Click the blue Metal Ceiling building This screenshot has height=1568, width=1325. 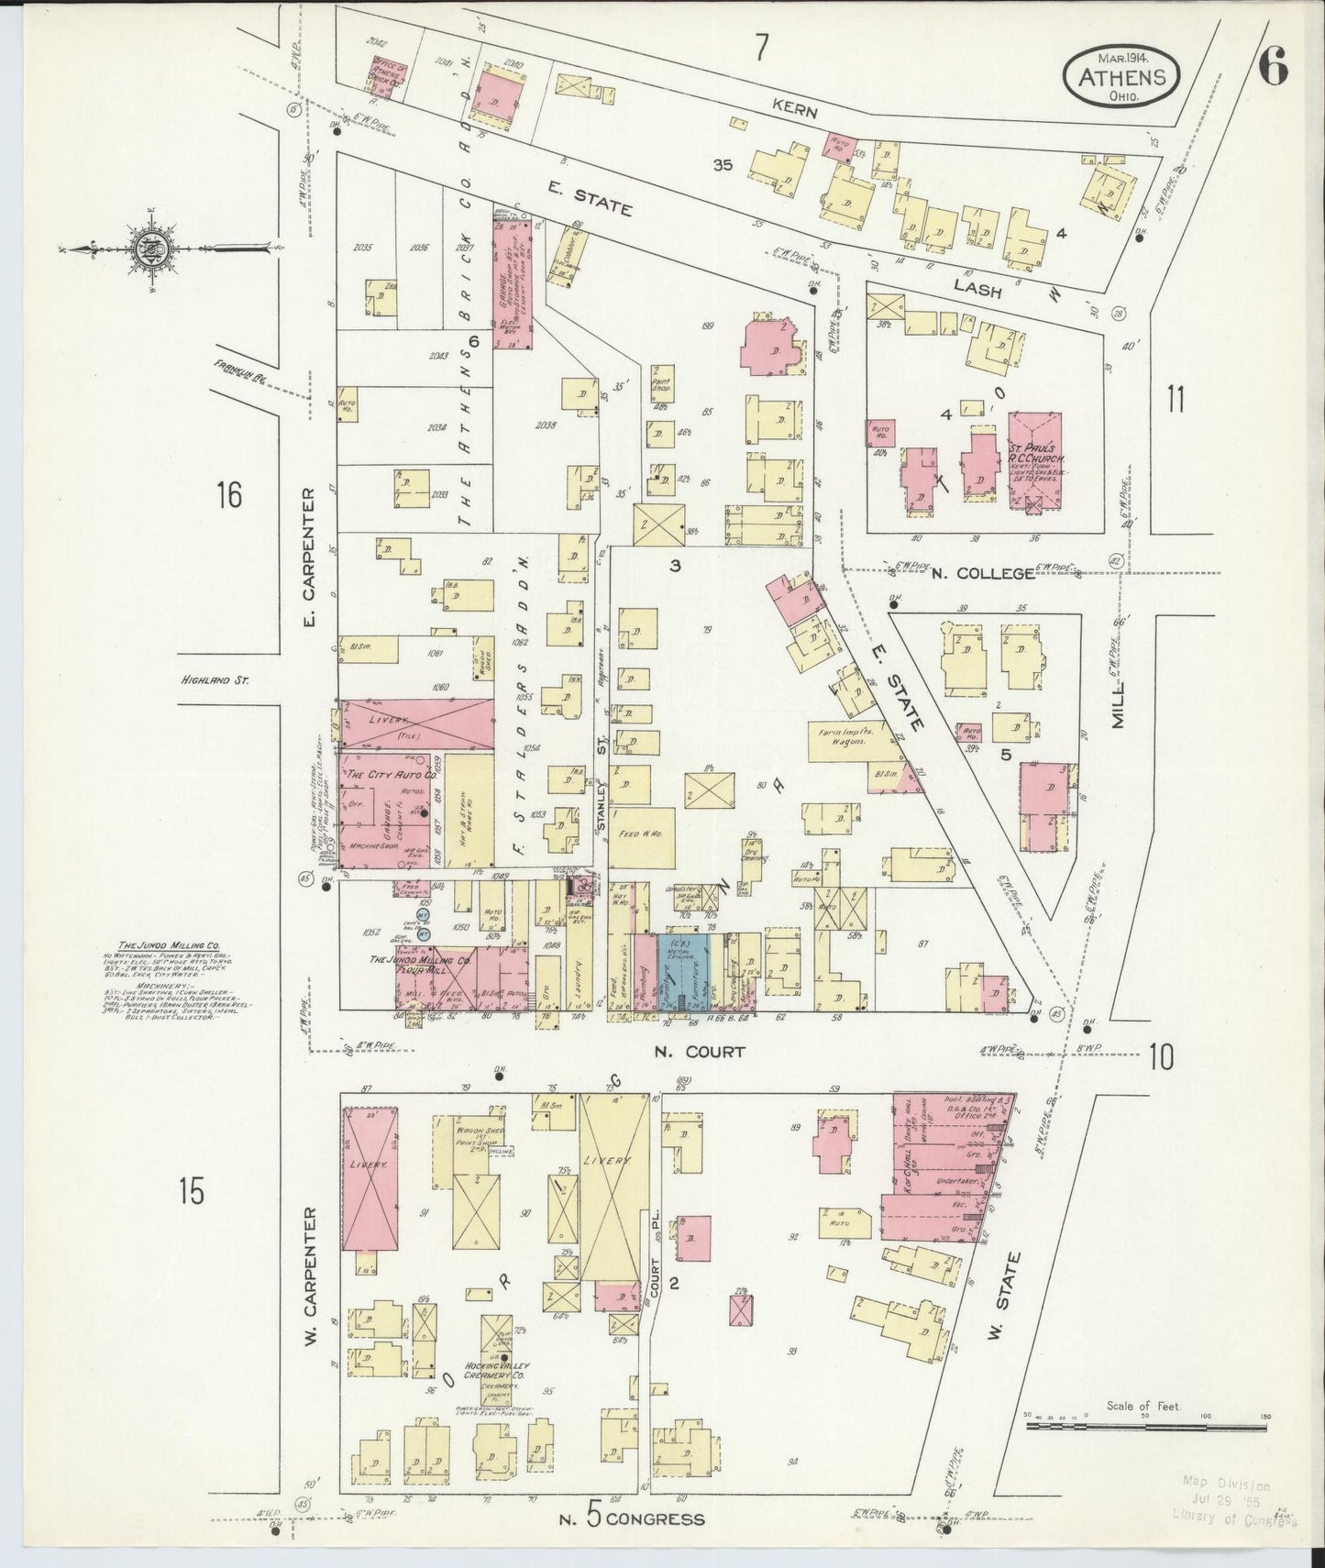681,972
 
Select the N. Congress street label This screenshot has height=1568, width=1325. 633,1519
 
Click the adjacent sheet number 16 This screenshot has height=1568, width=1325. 228,495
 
